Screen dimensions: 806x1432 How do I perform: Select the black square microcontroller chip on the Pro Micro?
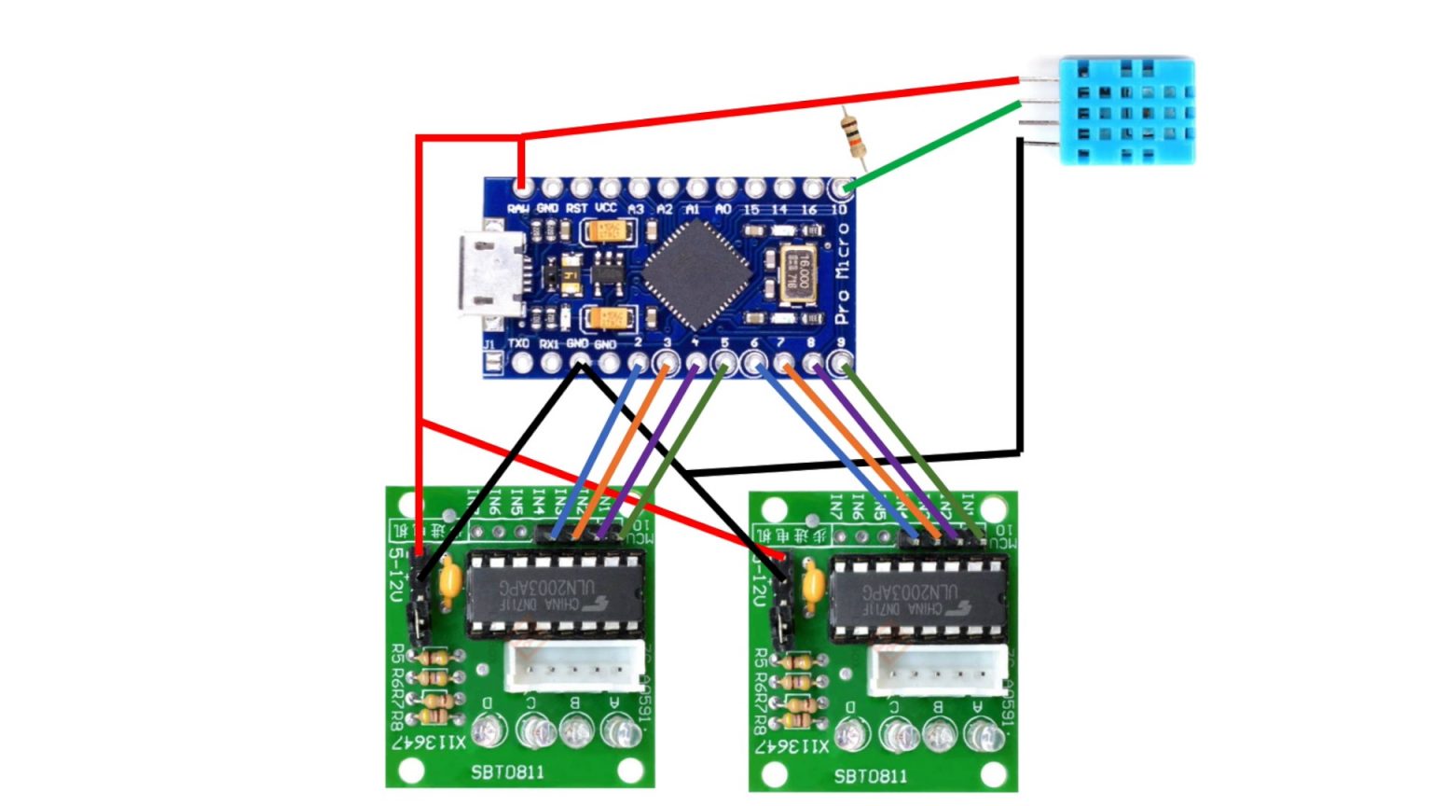(x=696, y=274)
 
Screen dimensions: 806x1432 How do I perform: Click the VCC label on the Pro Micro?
(x=606, y=208)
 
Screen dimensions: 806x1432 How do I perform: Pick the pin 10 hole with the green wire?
(x=842, y=188)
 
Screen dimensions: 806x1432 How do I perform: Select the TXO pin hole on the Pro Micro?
(x=521, y=362)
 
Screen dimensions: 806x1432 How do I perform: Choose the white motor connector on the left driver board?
(x=573, y=667)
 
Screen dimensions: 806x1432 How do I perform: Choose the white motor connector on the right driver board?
(x=937, y=670)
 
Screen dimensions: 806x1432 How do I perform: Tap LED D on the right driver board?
(x=849, y=735)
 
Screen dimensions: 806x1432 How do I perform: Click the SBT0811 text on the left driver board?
(x=508, y=772)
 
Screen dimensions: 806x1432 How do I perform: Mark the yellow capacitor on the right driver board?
(x=812, y=585)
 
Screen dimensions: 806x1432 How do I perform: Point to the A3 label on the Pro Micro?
(x=636, y=209)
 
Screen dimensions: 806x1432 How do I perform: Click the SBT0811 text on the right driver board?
(x=871, y=776)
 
